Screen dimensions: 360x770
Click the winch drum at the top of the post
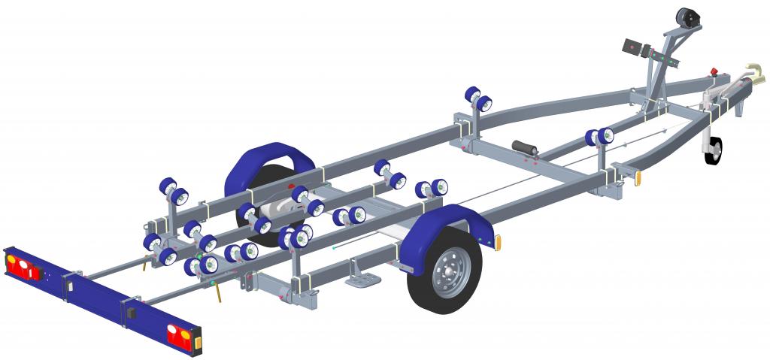pyautogui.click(x=687, y=18)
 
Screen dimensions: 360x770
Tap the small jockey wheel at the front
pyautogui.click(x=713, y=150)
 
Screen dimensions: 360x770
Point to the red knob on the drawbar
pyautogui.click(x=714, y=73)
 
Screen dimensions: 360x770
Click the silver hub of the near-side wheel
pyautogui.click(x=447, y=268)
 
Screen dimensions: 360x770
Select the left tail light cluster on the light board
pyautogui.click(x=23, y=266)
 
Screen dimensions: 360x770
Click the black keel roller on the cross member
pyautogui.click(x=526, y=149)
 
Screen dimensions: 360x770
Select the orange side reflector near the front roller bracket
pyautogui.click(x=639, y=178)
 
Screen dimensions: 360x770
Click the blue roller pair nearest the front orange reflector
pyautogui.click(x=599, y=137)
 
